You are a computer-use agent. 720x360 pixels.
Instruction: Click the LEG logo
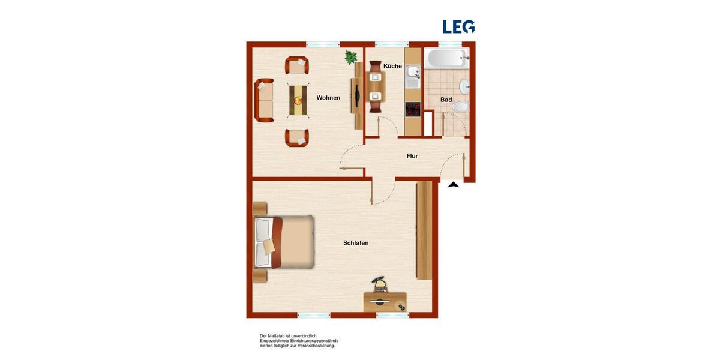458,26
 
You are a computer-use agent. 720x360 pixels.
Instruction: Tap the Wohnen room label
328,98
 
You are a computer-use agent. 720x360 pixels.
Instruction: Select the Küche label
392,66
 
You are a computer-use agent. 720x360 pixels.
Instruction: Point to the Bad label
446,100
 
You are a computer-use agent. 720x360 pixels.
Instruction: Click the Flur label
412,156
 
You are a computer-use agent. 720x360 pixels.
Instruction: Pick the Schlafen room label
356,243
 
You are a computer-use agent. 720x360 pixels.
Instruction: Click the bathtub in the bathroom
446,59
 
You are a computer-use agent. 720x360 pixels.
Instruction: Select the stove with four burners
413,109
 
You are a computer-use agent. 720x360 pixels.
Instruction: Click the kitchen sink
413,74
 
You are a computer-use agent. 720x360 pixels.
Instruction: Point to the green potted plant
350,57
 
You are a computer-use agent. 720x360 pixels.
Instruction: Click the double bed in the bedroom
284,242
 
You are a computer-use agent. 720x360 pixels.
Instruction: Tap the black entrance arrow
454,185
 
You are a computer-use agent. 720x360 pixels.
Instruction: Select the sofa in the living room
263,100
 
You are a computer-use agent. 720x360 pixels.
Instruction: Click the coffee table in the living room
298,100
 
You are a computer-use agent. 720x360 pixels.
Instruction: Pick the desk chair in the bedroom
379,284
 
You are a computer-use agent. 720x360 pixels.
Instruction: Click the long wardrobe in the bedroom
424,230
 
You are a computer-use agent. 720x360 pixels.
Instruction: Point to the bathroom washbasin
464,85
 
